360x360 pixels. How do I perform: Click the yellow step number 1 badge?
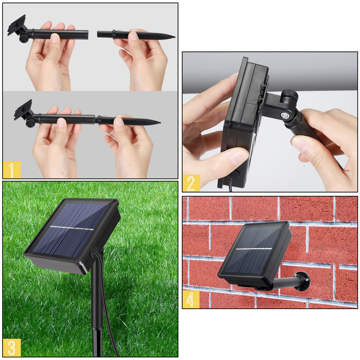click(12, 170)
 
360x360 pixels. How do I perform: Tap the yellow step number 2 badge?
click(191, 183)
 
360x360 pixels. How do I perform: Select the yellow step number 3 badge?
click(12, 348)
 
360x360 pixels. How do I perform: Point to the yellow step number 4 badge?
click(191, 299)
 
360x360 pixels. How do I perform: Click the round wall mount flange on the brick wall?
click(302, 280)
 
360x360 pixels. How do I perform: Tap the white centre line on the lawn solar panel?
click(72, 228)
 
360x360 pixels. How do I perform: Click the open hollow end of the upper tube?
click(87, 34)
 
